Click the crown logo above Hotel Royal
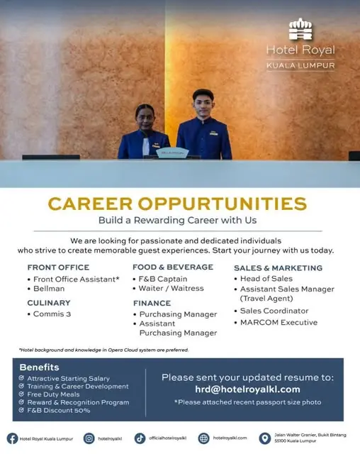click(300, 29)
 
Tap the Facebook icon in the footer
click(13, 438)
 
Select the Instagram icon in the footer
click(89, 438)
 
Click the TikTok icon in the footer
click(140, 438)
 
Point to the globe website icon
click(203, 438)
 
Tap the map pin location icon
click(264, 438)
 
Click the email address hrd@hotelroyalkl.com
click(247, 389)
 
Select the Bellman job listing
click(49, 289)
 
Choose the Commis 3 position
click(52, 314)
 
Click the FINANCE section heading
click(152, 303)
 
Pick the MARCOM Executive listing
click(279, 322)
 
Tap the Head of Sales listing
click(266, 279)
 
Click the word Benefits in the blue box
click(39, 367)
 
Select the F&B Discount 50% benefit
click(59, 410)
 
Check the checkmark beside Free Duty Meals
click(21, 394)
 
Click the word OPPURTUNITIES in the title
click(222, 204)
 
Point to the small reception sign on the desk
click(172, 153)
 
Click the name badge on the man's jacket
click(214, 133)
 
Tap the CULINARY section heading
click(49, 303)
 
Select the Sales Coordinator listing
click(274, 311)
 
